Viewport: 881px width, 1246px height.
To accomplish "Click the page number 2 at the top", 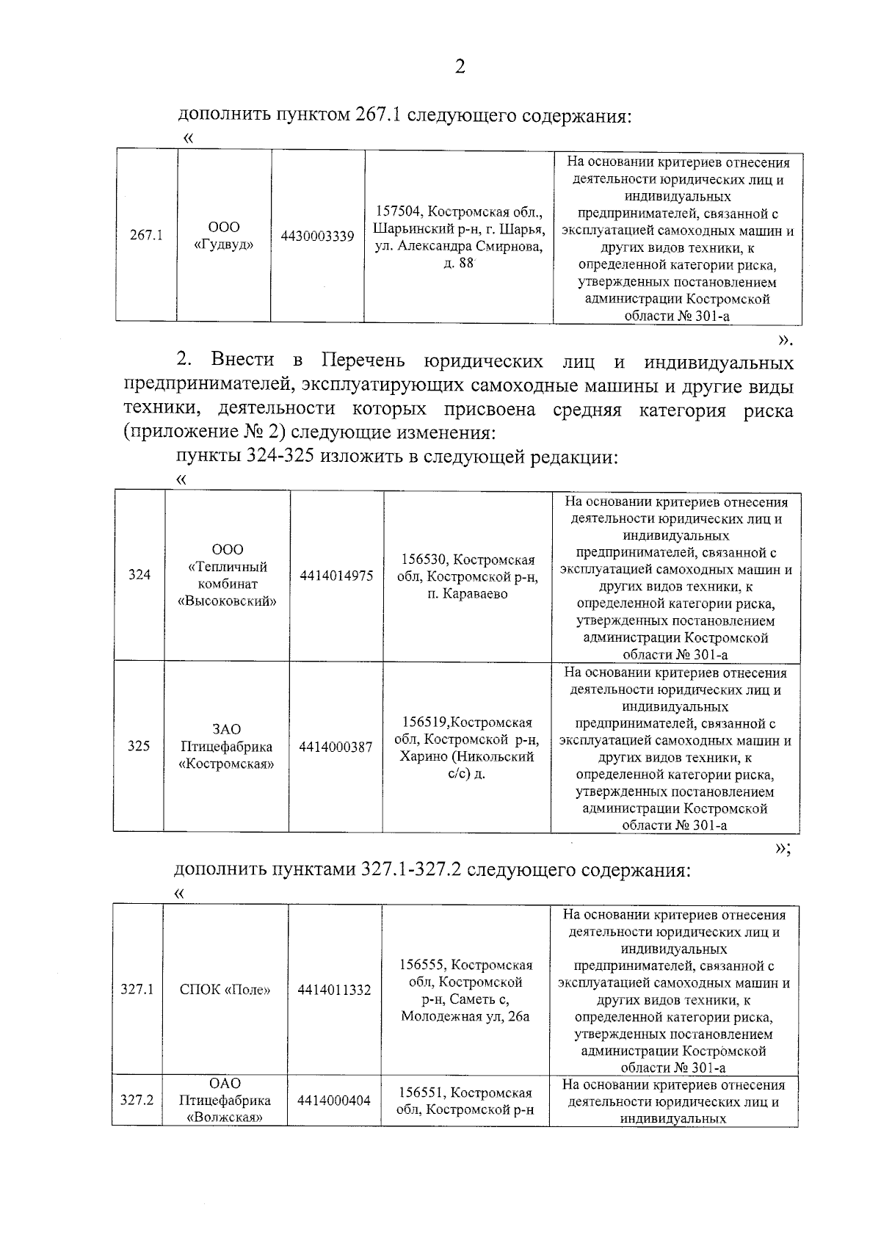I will [460, 67].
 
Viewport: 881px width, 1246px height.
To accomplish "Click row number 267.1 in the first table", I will [146, 236].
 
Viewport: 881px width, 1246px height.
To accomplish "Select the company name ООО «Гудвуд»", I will [224, 236].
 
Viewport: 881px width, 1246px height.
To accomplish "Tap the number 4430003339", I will [318, 236].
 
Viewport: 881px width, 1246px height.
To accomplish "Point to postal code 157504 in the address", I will [397, 212].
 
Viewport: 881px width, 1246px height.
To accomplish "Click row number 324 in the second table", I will [139, 575].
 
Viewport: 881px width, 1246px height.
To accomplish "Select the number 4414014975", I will [336, 576].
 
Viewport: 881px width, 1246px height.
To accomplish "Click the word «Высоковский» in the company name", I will [227, 601].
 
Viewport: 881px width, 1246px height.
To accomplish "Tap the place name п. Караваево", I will [467, 594].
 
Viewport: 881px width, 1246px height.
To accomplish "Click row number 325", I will [139, 746].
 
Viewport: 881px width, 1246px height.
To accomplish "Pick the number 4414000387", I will [336, 747].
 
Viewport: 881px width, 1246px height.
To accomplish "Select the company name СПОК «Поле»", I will [225, 990].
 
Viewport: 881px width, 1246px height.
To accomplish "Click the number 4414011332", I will [334, 990].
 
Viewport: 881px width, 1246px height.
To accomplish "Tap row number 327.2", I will [137, 1100].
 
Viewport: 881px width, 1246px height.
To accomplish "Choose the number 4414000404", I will [334, 1101].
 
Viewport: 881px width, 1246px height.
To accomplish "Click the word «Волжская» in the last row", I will [225, 1118].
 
